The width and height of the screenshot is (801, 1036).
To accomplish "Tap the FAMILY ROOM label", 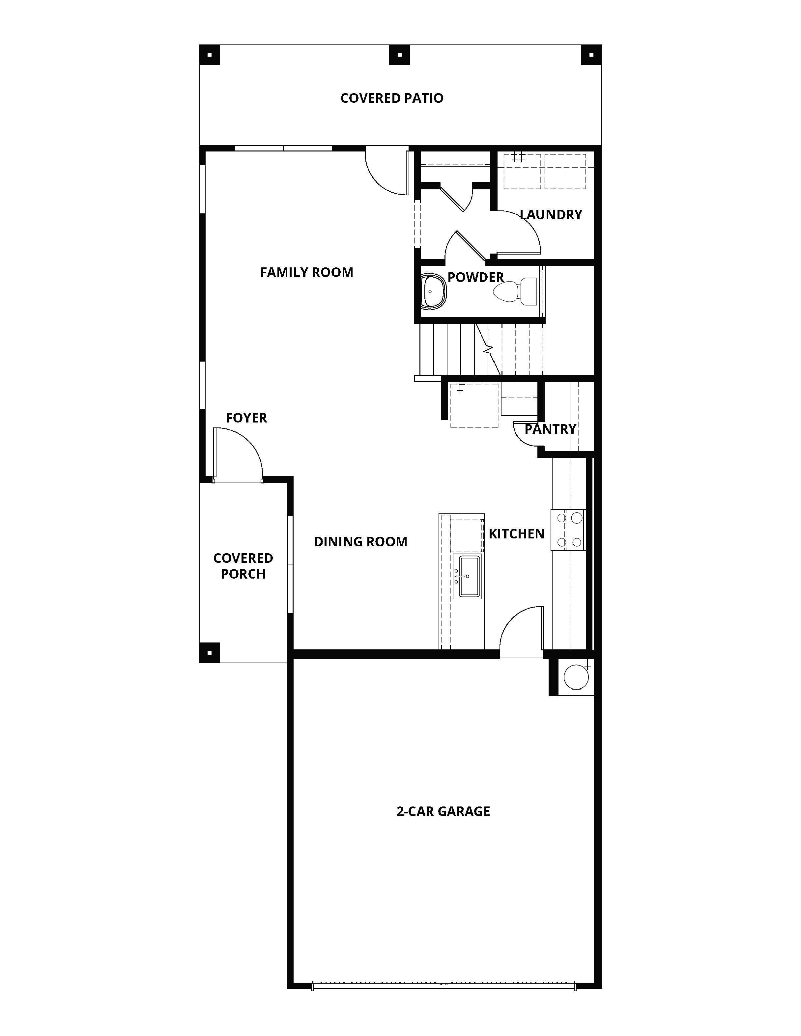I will click(x=306, y=272).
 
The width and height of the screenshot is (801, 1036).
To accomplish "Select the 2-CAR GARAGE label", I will click(x=443, y=811).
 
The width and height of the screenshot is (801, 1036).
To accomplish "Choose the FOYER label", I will click(x=246, y=418).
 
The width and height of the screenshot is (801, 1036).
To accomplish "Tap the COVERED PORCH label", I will click(x=243, y=566).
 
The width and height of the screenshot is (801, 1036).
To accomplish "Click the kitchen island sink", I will click(x=468, y=576).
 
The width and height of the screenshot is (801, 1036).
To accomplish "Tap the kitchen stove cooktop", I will click(x=568, y=530).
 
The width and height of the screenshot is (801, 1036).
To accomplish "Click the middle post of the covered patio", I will click(x=400, y=55).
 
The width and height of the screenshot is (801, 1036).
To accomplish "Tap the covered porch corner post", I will click(x=210, y=653).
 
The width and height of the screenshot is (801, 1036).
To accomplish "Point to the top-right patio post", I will click(x=591, y=55).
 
